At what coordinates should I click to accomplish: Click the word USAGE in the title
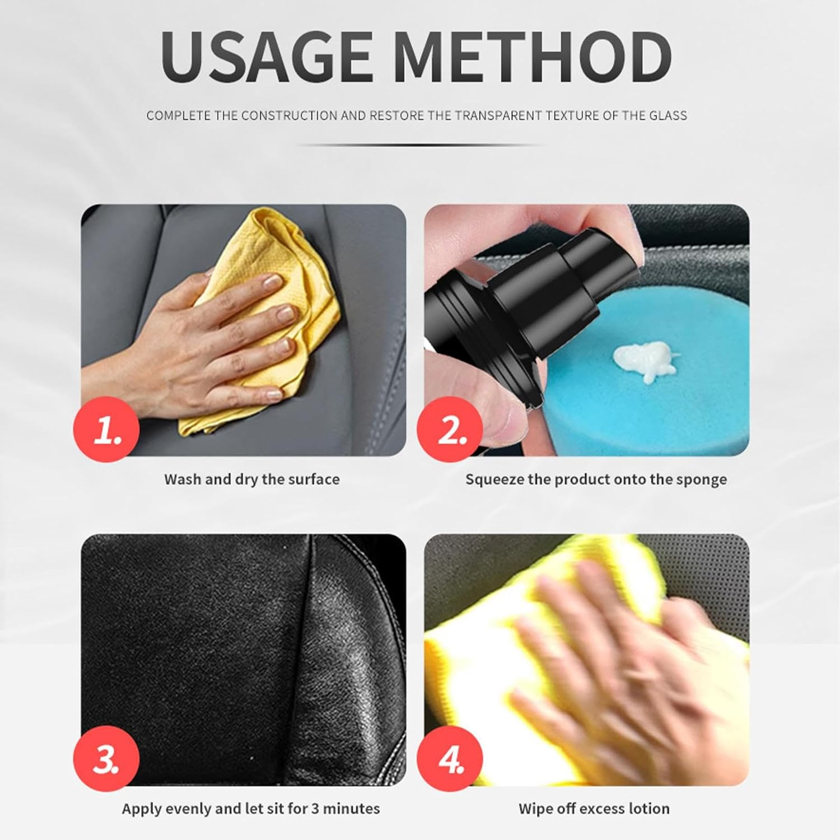tap(266, 58)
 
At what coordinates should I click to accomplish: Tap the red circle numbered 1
tap(106, 430)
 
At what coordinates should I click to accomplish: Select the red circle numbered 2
tap(450, 430)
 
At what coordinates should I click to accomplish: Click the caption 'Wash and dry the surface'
tap(251, 479)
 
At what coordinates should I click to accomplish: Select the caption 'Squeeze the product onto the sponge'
tap(596, 479)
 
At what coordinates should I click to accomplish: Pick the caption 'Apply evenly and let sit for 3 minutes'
tap(251, 809)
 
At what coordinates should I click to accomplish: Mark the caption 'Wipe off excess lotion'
tap(594, 809)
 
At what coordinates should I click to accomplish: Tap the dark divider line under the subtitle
tap(420, 145)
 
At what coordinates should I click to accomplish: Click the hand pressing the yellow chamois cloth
tap(246, 330)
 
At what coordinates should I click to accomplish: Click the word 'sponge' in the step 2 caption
tap(702, 479)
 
